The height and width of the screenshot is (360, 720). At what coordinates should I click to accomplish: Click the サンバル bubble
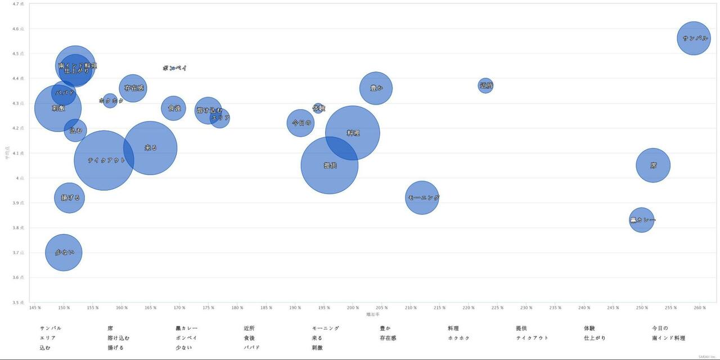pyautogui.click(x=694, y=38)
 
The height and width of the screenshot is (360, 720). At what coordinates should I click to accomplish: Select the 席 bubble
pyautogui.click(x=653, y=165)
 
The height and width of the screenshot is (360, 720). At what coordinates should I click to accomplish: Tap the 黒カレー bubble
pyautogui.click(x=641, y=220)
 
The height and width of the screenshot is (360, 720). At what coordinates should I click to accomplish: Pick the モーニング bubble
pyautogui.click(x=422, y=197)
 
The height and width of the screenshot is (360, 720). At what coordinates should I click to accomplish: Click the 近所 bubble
pyautogui.click(x=485, y=85)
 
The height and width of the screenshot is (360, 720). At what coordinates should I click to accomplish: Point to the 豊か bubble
pyautogui.click(x=376, y=88)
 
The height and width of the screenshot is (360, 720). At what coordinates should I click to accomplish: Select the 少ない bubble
pyautogui.click(x=64, y=253)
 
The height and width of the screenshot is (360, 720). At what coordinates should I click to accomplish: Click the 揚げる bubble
pyautogui.click(x=69, y=198)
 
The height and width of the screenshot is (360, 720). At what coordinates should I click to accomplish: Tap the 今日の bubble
pyautogui.click(x=300, y=123)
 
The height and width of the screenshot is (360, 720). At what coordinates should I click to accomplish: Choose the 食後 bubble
pyautogui.click(x=173, y=108)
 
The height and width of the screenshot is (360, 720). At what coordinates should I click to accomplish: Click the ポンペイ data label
pyautogui.click(x=174, y=68)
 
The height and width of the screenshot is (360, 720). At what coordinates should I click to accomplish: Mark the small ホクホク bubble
pyautogui.click(x=110, y=101)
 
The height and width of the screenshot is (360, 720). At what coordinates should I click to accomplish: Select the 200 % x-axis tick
pyautogui.click(x=353, y=308)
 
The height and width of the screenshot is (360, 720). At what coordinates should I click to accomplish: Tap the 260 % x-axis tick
pyautogui.click(x=699, y=308)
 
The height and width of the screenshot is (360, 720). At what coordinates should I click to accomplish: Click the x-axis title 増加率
pyautogui.click(x=372, y=314)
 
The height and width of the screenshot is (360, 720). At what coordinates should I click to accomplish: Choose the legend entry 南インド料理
pyautogui.click(x=668, y=338)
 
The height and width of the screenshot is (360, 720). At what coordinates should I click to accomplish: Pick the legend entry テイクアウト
pyautogui.click(x=532, y=338)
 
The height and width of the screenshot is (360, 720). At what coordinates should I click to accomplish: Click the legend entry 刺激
pyautogui.click(x=317, y=348)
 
